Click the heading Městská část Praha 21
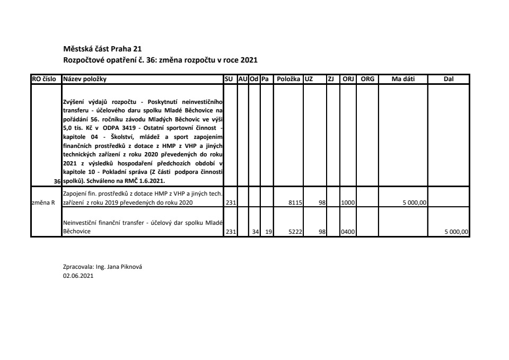click(102, 49)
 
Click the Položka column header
click(288, 79)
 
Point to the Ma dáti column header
click(403, 79)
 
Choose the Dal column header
click(449, 79)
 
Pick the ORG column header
click(367, 79)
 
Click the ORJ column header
click(348, 79)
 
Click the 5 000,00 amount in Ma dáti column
click(415, 203)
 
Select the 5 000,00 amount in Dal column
click(457, 232)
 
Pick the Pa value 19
click(268, 232)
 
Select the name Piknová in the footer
click(133, 267)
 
